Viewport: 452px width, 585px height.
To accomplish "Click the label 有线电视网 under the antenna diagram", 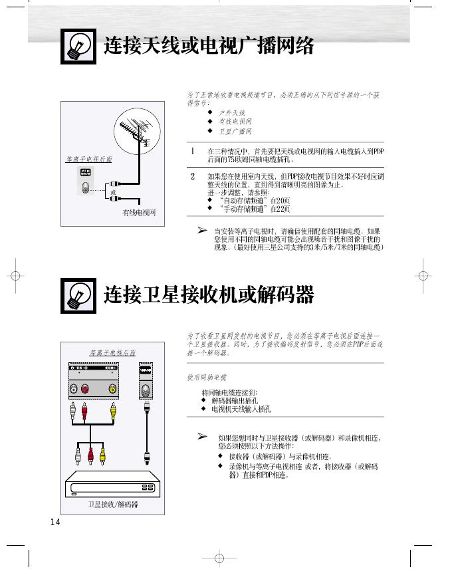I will pos(138,213).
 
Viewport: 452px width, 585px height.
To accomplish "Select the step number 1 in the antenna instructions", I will pos(193,152).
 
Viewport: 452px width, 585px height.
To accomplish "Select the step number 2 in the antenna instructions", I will pos(193,176).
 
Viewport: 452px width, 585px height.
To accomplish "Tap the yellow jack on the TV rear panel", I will pos(114,389).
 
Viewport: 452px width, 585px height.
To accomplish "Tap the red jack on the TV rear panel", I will pos(85,389).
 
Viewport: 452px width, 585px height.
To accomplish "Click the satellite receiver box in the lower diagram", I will pos(113,485).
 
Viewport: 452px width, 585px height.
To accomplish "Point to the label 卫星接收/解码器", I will pos(113,505).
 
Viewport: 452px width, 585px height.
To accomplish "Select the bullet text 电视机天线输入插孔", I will pos(241,409).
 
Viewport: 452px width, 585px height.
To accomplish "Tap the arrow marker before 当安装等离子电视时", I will pos(202,230).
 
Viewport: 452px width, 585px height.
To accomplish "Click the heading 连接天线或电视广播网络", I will pos(209,47).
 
